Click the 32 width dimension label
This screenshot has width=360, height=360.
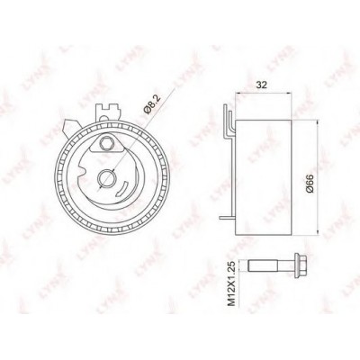coord(261,85)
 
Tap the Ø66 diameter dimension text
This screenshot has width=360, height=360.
coord(310,184)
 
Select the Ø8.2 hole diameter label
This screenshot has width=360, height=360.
coord(152,104)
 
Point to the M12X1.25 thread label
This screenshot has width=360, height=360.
coord(232,283)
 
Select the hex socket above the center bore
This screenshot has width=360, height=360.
coord(107,143)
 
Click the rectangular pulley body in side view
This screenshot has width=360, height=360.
coord(263,177)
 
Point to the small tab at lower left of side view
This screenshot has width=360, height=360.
coord(227,218)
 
